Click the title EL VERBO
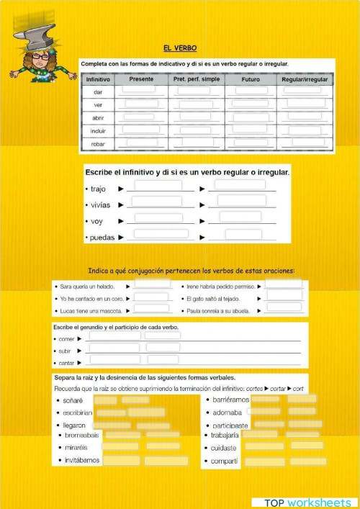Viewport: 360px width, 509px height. pyautogui.click(x=175, y=48)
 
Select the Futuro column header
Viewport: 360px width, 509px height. pyautogui.click(x=251, y=79)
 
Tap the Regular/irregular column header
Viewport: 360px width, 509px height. pyautogui.click(x=305, y=79)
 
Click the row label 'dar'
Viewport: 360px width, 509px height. pyautogui.click(x=98, y=92)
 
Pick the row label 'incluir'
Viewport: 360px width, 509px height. pyautogui.click(x=98, y=131)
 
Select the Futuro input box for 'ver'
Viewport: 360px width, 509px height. pyautogui.click(x=250, y=104)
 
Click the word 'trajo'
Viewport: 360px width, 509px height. pyautogui.click(x=99, y=189)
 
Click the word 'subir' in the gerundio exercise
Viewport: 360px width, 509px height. pyautogui.click(x=66, y=351)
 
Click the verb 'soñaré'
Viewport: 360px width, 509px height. pyautogui.click(x=73, y=400)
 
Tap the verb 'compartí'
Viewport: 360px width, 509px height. pyautogui.click(x=225, y=461)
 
